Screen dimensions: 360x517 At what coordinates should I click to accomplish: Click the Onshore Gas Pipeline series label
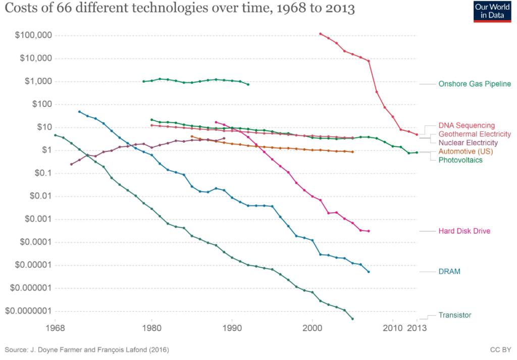[x=475, y=84]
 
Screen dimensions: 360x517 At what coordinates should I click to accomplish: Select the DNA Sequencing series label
[x=467, y=125]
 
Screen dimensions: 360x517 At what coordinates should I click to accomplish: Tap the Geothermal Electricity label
[x=475, y=134]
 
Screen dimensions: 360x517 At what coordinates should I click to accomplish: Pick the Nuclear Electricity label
[x=468, y=143]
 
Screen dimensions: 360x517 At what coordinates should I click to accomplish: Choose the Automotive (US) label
[x=466, y=151]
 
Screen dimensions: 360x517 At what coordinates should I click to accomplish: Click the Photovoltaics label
[x=460, y=160]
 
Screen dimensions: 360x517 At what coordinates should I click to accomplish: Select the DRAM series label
[x=449, y=272]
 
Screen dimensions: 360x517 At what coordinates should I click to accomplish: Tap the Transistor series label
[x=455, y=315]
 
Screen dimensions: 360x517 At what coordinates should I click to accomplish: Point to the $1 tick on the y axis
[x=44, y=150]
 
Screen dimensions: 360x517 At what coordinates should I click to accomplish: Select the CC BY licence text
[x=500, y=349]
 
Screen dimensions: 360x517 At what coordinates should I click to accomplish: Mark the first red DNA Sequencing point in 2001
[x=321, y=34]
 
